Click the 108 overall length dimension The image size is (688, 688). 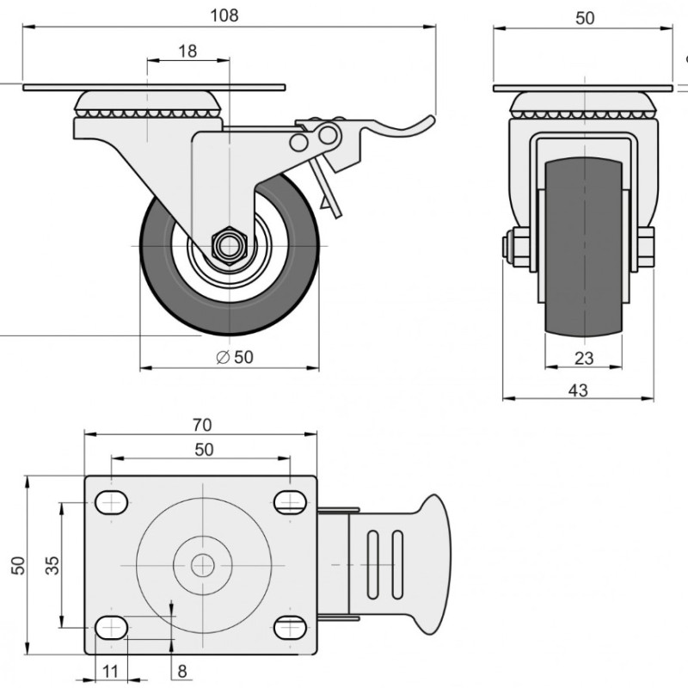pyautogui.click(x=224, y=15)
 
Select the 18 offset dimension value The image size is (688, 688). pyautogui.click(x=187, y=52)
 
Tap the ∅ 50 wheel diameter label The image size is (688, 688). pyautogui.click(x=235, y=357)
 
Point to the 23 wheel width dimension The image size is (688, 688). pyautogui.click(x=584, y=359)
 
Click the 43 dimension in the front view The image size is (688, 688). pyautogui.click(x=578, y=390)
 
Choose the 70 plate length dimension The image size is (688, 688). pyautogui.click(x=202, y=425)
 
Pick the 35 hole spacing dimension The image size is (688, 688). pyautogui.click(x=52, y=565)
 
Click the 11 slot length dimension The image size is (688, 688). pyautogui.click(x=110, y=671)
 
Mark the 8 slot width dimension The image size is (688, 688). pyautogui.click(x=182, y=671)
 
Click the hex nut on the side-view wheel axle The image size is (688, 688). pyautogui.click(x=229, y=246)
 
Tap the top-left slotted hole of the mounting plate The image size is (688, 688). pyautogui.click(x=112, y=502)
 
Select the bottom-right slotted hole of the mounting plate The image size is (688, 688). pyautogui.click(x=290, y=628)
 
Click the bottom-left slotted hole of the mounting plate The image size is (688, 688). pyautogui.click(x=112, y=628)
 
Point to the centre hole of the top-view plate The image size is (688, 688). pyautogui.click(x=203, y=565)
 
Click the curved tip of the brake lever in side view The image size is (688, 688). pyautogui.click(x=429, y=120)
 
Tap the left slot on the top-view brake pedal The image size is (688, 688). pyautogui.click(x=372, y=565)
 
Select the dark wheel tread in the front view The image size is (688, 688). pyautogui.click(x=584, y=247)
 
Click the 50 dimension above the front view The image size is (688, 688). pyautogui.click(x=585, y=18)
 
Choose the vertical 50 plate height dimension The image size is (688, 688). pyautogui.click(x=18, y=565)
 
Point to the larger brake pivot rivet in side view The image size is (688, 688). pyautogui.click(x=328, y=135)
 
